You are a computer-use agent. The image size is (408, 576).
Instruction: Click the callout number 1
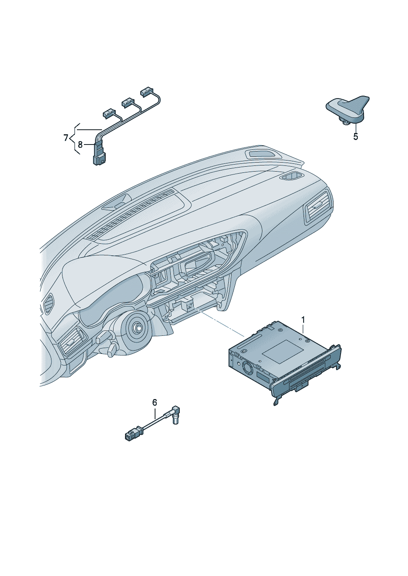point(303,320)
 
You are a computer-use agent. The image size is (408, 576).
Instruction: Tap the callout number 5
point(355,137)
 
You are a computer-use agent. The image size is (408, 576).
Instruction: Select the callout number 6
point(155,402)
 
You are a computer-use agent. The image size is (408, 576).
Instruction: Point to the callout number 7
point(66,138)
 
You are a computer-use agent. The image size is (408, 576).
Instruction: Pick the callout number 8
point(80,145)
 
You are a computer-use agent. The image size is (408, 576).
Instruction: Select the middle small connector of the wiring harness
point(128,102)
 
